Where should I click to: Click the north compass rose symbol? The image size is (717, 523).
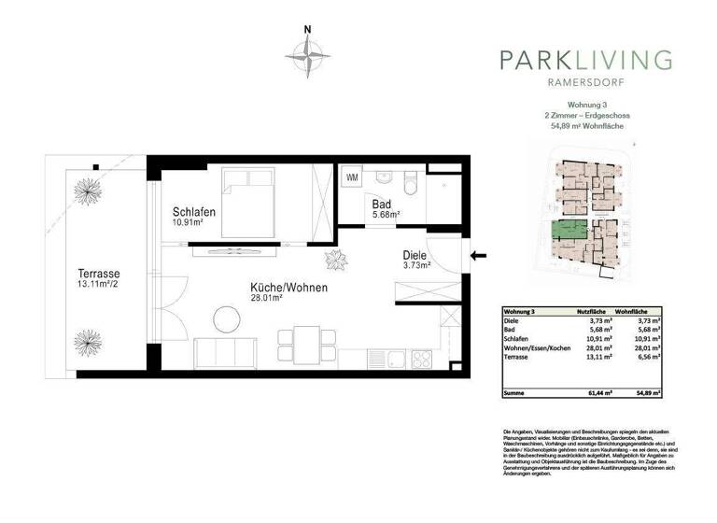[x=308, y=57]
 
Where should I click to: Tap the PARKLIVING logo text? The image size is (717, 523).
[x=585, y=61]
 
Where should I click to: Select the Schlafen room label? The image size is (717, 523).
[x=194, y=212]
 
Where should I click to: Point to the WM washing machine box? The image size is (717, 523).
[x=352, y=177]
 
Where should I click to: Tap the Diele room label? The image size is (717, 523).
[x=415, y=254]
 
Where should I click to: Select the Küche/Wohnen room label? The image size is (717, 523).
[x=288, y=288]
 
